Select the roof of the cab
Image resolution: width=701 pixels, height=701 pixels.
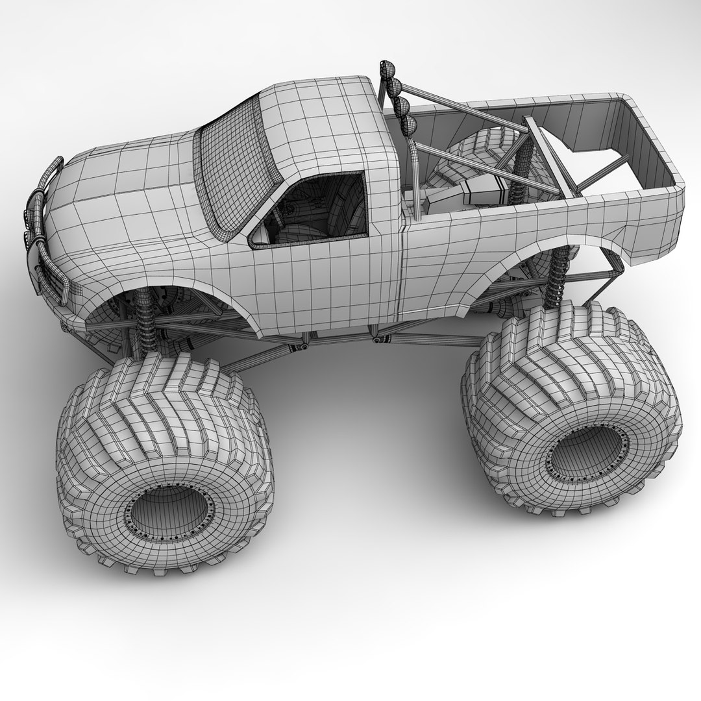[318, 117]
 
